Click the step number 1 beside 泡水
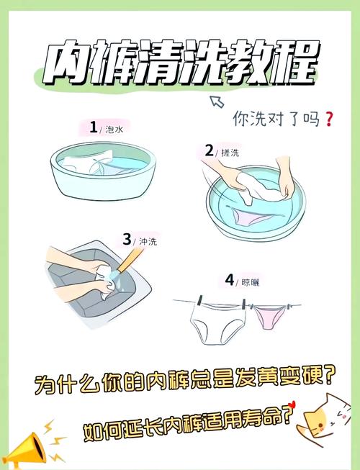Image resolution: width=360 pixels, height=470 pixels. [93, 128]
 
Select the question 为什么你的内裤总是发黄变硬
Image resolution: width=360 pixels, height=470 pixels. [184, 379]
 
